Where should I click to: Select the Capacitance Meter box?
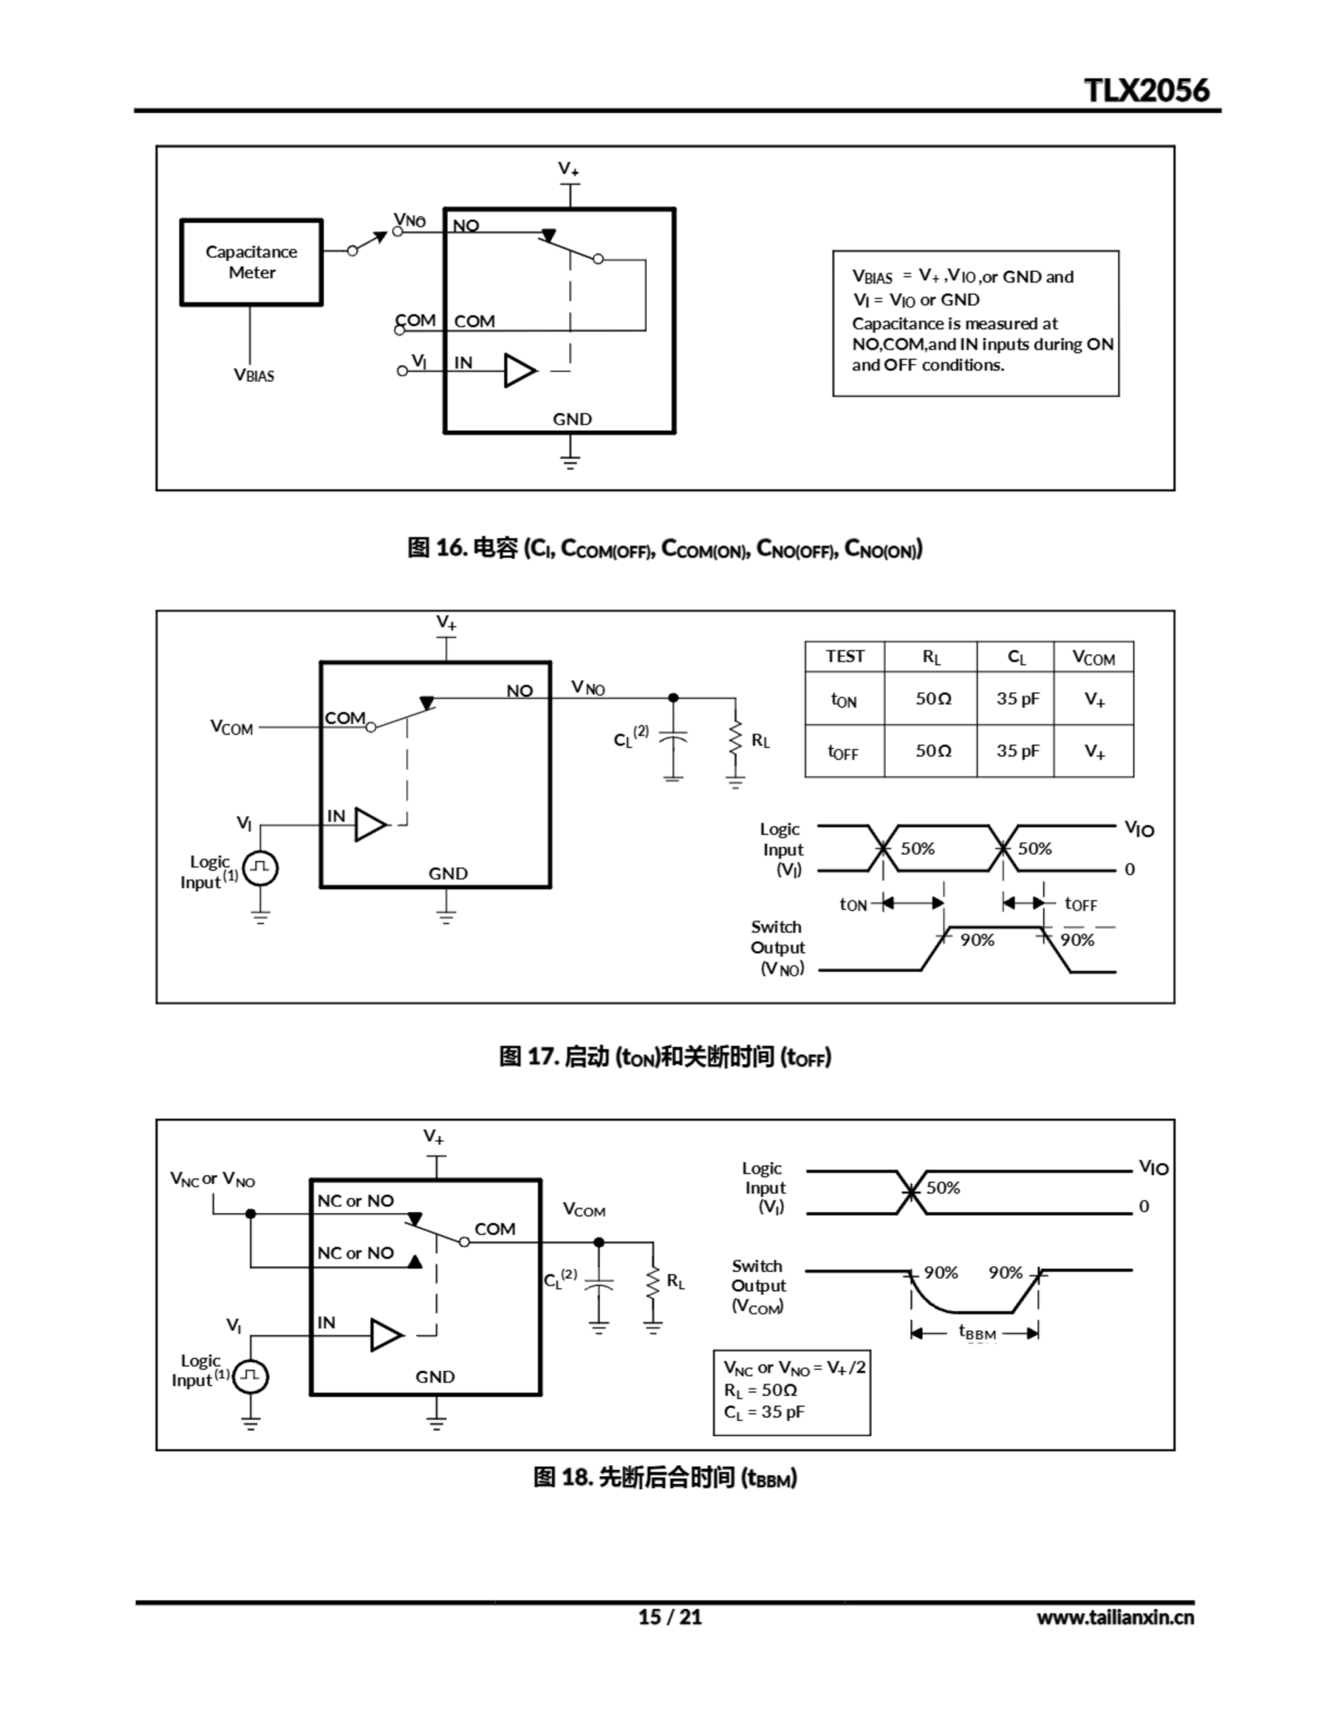(251, 262)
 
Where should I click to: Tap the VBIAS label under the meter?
(254, 375)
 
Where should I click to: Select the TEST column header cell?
(845, 657)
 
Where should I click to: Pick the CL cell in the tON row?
(1017, 699)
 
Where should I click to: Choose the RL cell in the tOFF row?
(933, 751)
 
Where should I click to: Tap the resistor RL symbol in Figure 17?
(736, 739)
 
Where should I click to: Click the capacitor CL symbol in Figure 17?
(672, 738)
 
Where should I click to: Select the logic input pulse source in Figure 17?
(260, 868)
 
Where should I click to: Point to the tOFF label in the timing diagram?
(1080, 904)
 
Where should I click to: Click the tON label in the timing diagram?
(853, 904)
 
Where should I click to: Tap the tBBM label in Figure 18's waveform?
(977, 1333)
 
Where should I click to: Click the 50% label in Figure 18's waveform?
(943, 1188)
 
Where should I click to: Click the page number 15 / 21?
(669, 1617)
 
